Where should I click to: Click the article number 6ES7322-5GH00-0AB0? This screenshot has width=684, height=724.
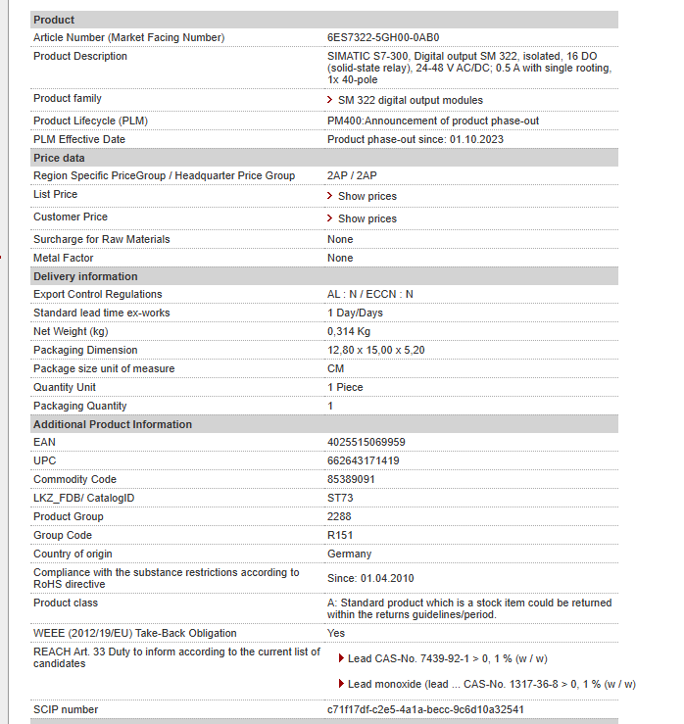click(383, 37)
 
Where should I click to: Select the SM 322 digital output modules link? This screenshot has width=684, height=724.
click(410, 100)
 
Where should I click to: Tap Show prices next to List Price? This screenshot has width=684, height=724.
click(366, 196)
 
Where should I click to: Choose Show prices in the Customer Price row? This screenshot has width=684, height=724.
click(366, 218)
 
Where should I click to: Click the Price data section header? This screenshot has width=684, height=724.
click(59, 158)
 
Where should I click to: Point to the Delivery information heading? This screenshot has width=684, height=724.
click(85, 276)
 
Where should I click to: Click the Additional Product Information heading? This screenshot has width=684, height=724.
click(113, 424)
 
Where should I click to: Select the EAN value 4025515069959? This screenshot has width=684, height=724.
click(366, 442)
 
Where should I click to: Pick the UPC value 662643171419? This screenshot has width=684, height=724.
click(363, 460)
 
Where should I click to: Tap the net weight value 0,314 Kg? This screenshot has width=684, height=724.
click(349, 331)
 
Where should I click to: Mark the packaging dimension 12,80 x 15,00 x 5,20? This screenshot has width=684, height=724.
click(375, 350)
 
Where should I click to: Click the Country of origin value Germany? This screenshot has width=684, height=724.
click(349, 554)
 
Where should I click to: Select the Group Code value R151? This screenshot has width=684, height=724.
click(340, 535)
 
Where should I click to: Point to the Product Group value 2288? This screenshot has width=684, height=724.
click(339, 516)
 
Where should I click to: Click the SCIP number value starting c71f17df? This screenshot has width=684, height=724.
click(425, 709)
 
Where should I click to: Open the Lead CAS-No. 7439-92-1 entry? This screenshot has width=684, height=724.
click(447, 658)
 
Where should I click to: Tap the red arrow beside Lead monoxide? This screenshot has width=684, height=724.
click(341, 684)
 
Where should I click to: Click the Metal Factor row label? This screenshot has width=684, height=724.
click(64, 258)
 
